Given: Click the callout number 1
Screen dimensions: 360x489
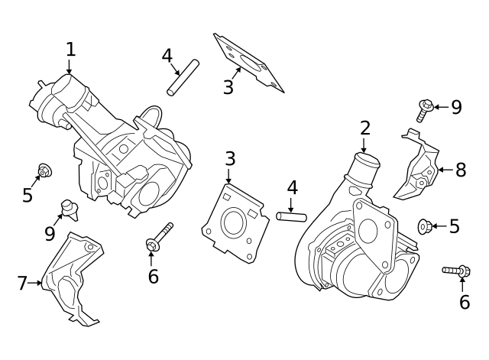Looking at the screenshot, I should click(x=70, y=49).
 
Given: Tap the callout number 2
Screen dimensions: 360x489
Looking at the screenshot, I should click(x=365, y=128).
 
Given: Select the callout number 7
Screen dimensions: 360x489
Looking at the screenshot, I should click(x=22, y=284).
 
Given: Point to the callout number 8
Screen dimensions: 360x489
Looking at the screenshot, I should click(x=460, y=170).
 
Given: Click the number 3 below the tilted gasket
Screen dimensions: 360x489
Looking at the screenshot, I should click(x=228, y=87).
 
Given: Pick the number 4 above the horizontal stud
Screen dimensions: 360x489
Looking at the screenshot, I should click(x=292, y=188).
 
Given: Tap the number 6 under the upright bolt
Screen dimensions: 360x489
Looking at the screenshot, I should click(x=153, y=276).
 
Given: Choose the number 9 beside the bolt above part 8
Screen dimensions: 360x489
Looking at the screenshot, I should click(x=456, y=107).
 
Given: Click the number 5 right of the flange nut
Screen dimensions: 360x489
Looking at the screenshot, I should click(x=454, y=226).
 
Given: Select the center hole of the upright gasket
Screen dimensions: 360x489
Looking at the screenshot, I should click(x=232, y=222).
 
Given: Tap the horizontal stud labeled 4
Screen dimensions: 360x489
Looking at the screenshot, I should click(x=291, y=216).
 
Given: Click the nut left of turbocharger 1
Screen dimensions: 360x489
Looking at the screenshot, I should click(x=45, y=171).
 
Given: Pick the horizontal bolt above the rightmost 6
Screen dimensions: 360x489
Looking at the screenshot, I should click(x=457, y=271).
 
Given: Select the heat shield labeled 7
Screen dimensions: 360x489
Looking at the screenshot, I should click(x=70, y=279).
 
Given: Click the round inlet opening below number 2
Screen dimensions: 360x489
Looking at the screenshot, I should click(x=364, y=162).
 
